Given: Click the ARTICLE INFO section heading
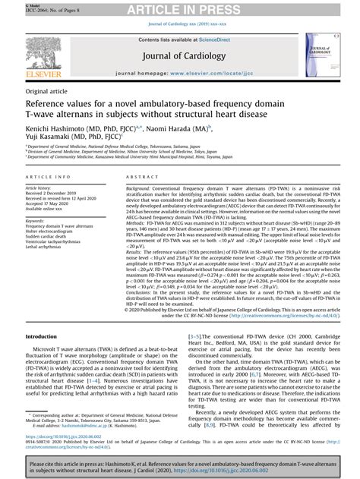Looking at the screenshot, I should click(49, 175).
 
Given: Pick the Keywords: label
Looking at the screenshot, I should click(38, 219).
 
